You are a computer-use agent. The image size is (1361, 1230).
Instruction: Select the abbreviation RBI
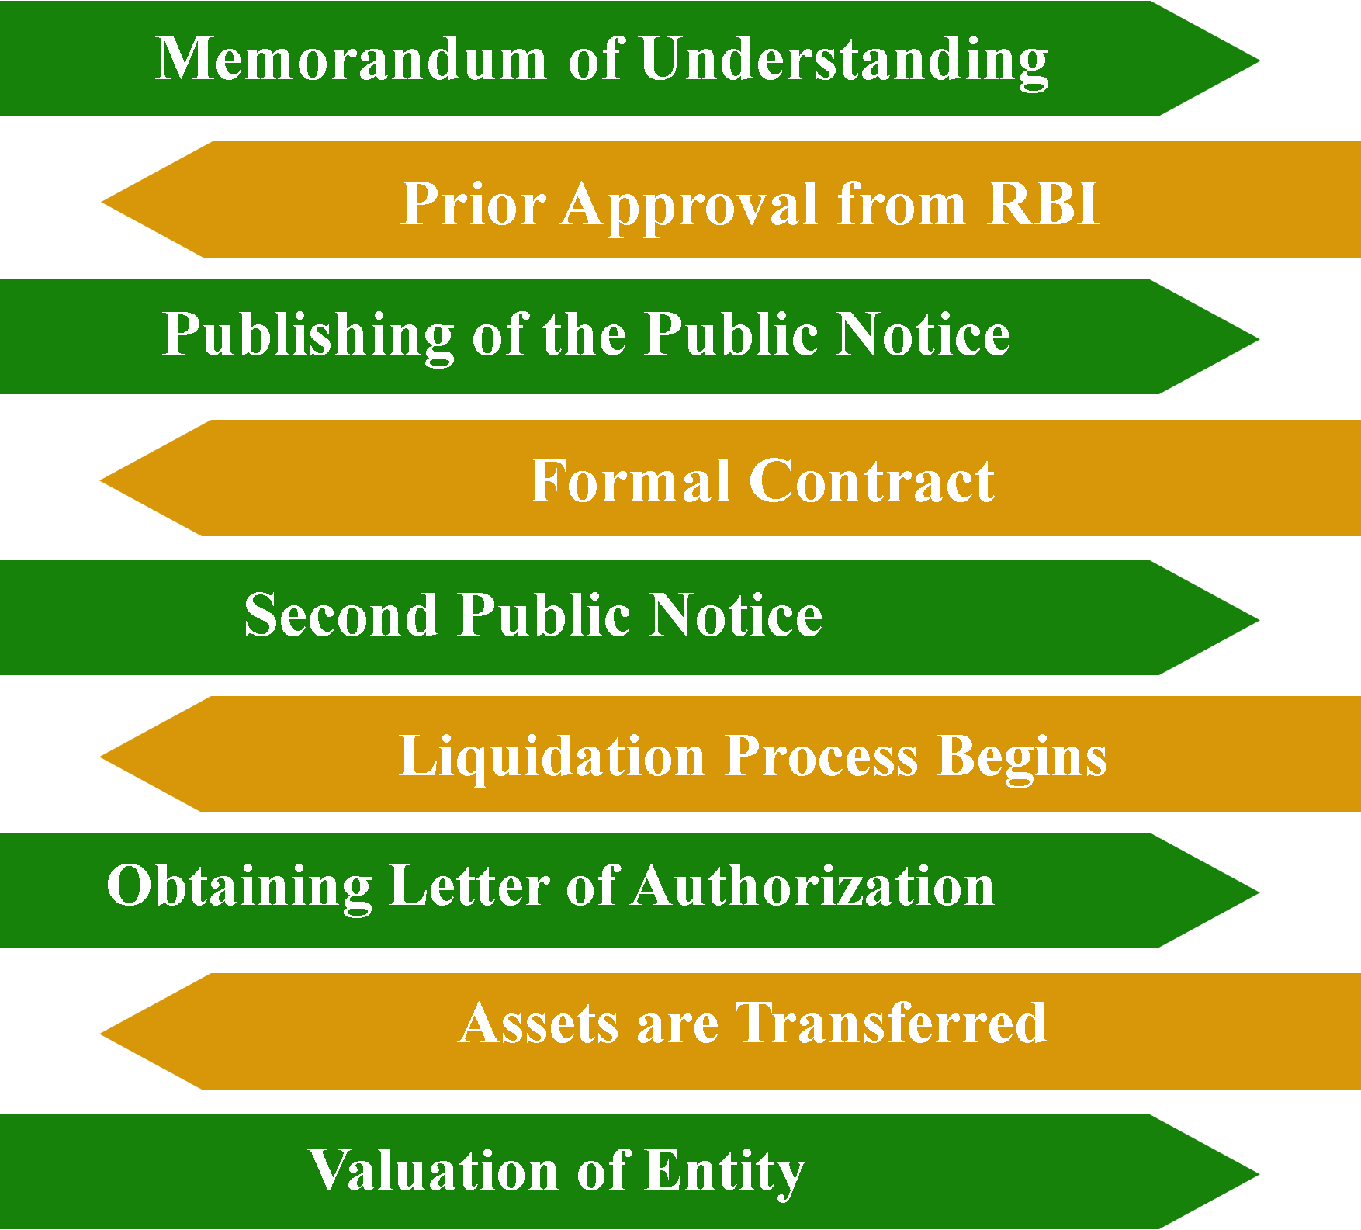1043,204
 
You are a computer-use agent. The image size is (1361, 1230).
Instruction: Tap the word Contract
871,481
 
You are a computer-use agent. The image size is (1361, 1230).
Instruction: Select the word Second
341,615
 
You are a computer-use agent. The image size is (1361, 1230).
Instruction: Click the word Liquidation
552,757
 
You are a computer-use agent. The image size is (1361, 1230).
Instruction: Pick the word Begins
1022,757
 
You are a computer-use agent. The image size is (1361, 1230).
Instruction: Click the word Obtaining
239,886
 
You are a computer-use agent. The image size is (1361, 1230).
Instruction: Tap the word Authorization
812,886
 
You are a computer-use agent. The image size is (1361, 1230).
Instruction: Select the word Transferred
891,1023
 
